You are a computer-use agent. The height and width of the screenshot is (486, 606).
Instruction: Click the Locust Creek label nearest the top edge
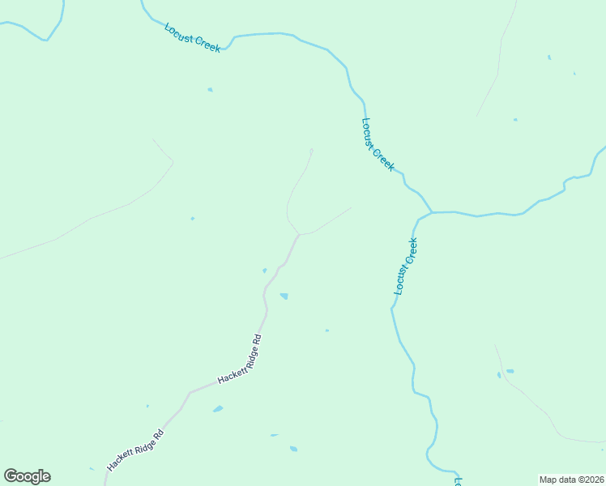click(x=192, y=38)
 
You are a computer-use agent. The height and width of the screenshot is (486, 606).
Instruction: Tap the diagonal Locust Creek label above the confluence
click(x=378, y=144)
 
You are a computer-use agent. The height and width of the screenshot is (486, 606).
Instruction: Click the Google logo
click(x=27, y=476)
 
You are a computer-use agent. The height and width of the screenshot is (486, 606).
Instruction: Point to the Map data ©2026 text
click(x=571, y=479)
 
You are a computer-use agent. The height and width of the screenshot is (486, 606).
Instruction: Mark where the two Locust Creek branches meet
click(x=432, y=213)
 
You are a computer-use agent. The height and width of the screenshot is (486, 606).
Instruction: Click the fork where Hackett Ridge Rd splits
click(x=299, y=235)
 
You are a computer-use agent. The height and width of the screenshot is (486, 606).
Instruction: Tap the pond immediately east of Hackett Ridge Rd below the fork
click(x=284, y=296)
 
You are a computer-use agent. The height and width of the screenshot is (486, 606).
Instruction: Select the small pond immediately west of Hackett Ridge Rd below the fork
click(x=265, y=271)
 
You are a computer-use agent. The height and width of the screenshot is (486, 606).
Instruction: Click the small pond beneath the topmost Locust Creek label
click(x=210, y=89)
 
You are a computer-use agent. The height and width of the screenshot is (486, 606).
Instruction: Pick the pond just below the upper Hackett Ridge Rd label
click(x=218, y=409)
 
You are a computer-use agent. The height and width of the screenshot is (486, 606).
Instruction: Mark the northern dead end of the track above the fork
click(x=312, y=149)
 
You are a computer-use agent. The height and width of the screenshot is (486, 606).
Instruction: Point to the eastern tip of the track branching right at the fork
click(x=351, y=208)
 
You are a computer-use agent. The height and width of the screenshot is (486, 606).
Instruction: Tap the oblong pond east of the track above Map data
click(x=510, y=371)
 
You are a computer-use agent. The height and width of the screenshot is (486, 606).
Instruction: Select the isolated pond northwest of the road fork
click(x=192, y=218)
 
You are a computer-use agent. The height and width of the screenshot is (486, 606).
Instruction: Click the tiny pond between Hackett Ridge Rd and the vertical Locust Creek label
click(x=326, y=330)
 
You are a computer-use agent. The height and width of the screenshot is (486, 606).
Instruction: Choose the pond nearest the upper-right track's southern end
click(x=514, y=120)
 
